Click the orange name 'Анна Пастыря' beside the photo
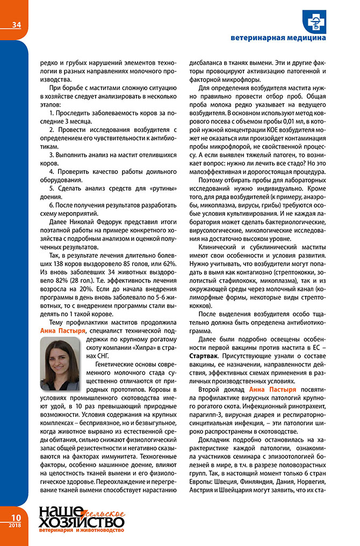pos(63,331)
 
